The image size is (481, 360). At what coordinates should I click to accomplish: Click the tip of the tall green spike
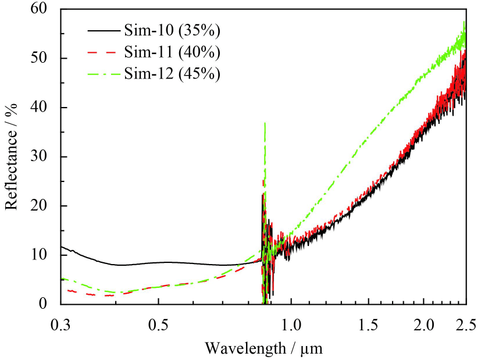click(265, 123)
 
